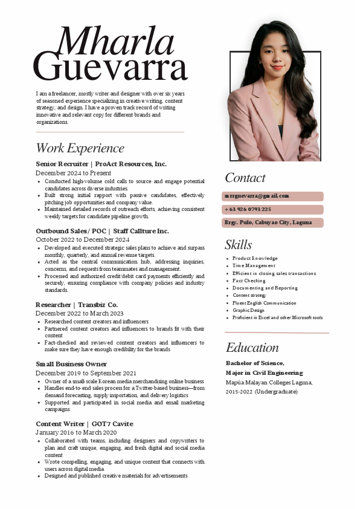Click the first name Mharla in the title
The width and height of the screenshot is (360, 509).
tap(115, 41)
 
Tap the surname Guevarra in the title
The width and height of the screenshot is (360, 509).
tap(110, 66)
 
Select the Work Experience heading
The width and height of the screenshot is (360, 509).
tap(80, 148)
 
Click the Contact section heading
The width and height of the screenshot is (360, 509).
tap(245, 178)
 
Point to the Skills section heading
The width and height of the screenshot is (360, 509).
tap(238, 245)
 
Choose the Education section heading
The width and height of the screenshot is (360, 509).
tap(252, 348)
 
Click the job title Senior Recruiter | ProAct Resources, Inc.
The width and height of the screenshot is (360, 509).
tap(101, 164)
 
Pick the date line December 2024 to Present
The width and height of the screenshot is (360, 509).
tap(73, 173)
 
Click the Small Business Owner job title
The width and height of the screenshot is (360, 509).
tap(71, 364)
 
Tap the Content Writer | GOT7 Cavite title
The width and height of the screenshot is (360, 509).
tap(84, 424)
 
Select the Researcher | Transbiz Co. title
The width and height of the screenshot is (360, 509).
tap(77, 305)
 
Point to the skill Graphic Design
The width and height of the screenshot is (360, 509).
tap(248, 310)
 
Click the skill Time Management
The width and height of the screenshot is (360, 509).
tap(254, 265)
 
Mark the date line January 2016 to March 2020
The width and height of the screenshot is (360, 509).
tap(76, 433)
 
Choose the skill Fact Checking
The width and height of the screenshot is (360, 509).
tap(249, 280)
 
